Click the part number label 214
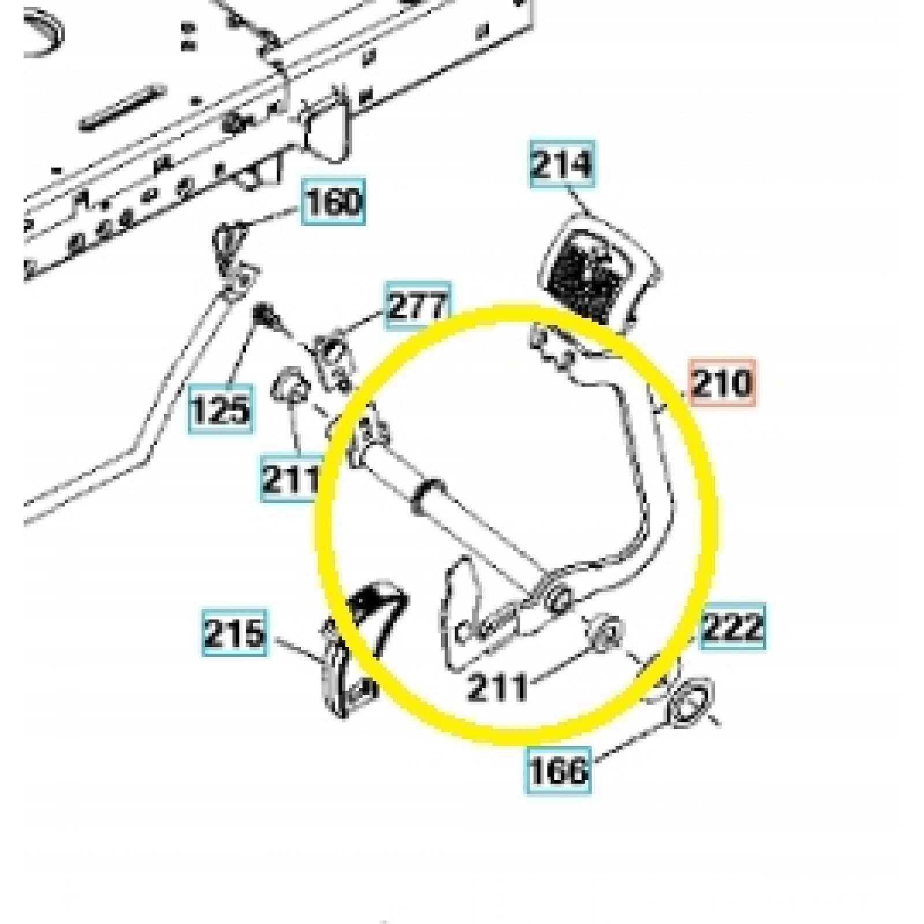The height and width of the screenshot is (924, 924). coord(562,164)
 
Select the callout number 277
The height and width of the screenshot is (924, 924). coord(418,306)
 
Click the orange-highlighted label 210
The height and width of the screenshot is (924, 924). coord(722,382)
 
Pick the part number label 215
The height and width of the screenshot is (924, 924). coord(235,632)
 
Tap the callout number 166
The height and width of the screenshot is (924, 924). coord(558,770)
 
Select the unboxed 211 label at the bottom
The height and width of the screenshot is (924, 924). coord(498,687)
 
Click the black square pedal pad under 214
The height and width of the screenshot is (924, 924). coord(592,270)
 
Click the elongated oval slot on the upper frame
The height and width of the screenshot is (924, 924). coord(122,108)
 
